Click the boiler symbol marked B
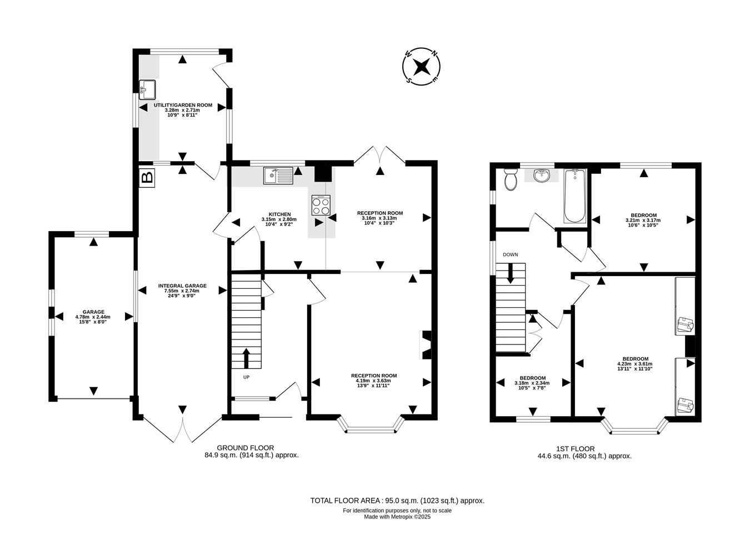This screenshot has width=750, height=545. (147, 178)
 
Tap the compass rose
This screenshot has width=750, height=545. (421, 66)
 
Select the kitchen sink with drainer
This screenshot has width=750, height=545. (278, 176)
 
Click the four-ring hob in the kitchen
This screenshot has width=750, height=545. (321, 205)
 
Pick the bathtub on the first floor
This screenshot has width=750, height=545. (575, 196)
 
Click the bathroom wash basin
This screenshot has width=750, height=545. (542, 176)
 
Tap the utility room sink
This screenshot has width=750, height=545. (147, 89)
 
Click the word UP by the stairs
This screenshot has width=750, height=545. (246, 377)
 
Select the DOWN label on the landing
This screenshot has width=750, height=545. (510, 254)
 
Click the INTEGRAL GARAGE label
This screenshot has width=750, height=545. (182, 286)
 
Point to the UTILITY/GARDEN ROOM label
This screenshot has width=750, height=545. (183, 105)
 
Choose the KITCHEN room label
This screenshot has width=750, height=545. (279, 214)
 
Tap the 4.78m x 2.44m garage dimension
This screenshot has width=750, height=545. (93, 317)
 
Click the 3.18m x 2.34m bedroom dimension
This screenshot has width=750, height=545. (532, 383)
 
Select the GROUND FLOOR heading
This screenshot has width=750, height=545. (246, 448)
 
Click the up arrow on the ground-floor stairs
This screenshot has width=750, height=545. (246, 358)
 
